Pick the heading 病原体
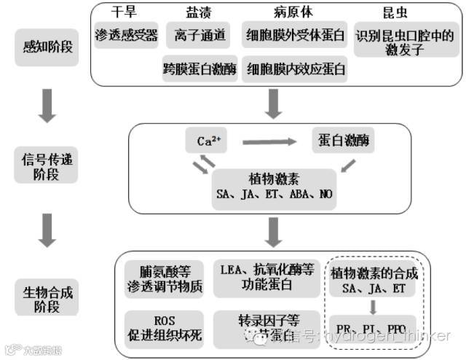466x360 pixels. click(294, 12)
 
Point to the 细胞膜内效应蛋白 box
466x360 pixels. click(296, 69)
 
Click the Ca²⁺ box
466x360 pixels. click(205, 141)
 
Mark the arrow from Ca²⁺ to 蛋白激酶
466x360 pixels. click(269, 141)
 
